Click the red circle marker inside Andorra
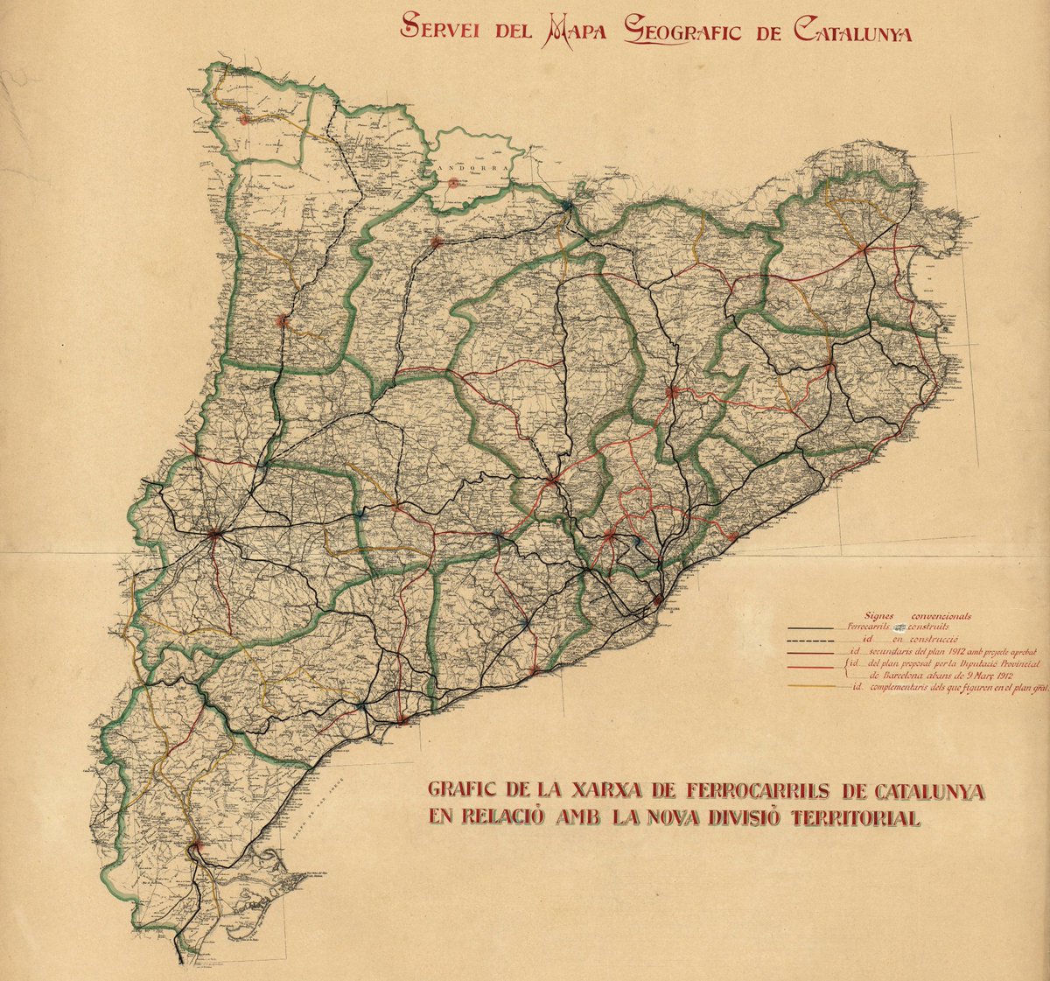(x=453, y=184)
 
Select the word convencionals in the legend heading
(x=941, y=616)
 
